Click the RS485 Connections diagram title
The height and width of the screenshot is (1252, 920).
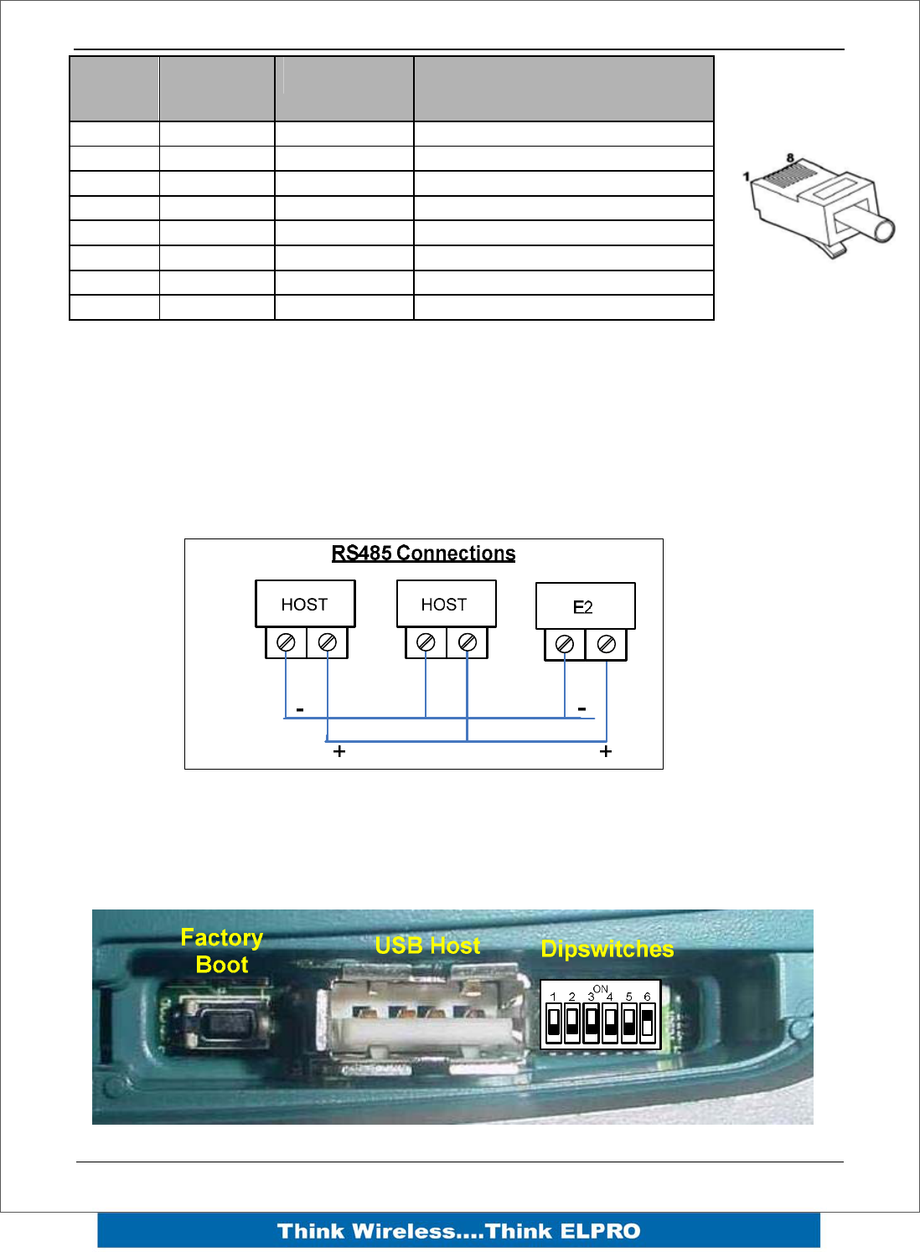(423, 554)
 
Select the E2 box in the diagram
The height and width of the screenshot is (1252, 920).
(585, 606)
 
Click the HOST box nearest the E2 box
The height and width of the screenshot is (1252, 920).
(446, 604)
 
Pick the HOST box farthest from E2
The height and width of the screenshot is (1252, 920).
(305, 604)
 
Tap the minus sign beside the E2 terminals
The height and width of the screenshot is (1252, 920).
(582, 708)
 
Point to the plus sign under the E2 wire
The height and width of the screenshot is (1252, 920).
(606, 751)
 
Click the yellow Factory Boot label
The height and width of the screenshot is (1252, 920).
(222, 951)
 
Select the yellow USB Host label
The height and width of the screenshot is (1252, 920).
(427, 945)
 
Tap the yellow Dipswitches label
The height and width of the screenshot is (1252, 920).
(607, 949)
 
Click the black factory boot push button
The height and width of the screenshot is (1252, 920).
(222, 1023)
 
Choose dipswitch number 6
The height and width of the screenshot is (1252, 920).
(647, 1023)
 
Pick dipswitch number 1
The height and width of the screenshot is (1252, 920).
(553, 1023)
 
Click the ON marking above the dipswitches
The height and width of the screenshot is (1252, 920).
(600, 989)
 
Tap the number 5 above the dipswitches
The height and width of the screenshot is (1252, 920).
(628, 997)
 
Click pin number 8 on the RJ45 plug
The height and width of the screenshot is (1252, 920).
(790, 157)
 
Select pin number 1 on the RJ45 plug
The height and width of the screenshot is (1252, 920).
(746, 177)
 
